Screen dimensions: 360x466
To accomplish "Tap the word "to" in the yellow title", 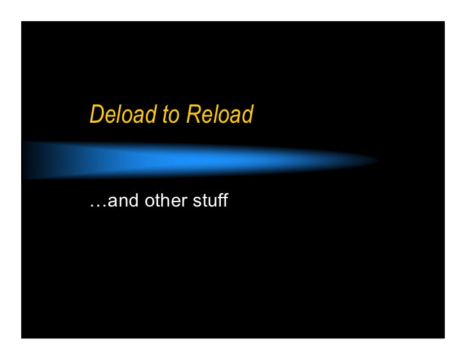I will tap(170, 115).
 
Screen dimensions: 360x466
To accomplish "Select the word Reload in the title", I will tap(220, 114).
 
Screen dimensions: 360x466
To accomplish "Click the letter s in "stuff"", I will tap(195, 203).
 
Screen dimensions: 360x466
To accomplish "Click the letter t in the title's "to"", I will tap(166, 115).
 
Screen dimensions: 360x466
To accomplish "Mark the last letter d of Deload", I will tap(150, 114).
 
